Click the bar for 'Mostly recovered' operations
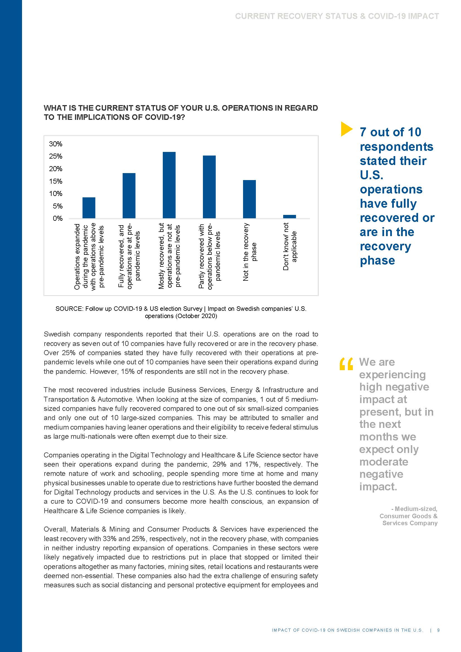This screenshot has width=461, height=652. [x=169, y=185]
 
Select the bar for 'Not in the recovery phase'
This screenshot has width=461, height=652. [x=249, y=199]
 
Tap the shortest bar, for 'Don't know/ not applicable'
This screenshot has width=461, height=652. [x=289, y=217]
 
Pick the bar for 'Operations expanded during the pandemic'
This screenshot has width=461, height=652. [x=89, y=208]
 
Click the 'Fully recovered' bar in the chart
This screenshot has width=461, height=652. [x=129, y=196]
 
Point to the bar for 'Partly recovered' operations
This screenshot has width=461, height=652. [x=209, y=187]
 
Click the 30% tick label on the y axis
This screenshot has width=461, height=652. [x=56, y=144]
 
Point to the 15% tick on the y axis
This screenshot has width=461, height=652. [x=56, y=181]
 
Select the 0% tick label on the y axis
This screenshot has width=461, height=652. [x=58, y=218]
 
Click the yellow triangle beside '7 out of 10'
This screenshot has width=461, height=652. [x=346, y=129]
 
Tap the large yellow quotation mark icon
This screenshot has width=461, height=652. [x=346, y=364]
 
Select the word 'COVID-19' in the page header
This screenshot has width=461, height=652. [x=387, y=16]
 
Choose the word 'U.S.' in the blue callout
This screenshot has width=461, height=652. [x=372, y=175]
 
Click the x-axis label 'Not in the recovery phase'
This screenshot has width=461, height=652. [x=250, y=252]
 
